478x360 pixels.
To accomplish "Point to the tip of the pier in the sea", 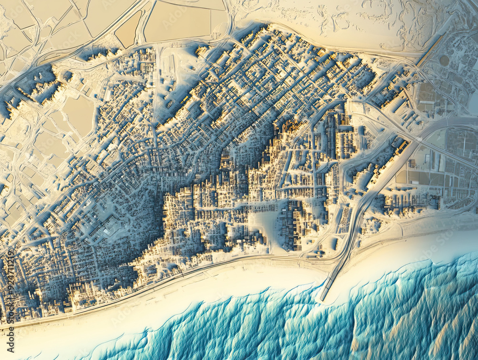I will (322, 299).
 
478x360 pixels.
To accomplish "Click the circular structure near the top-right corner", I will (445, 60).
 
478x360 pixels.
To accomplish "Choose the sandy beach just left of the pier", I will (268, 282).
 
